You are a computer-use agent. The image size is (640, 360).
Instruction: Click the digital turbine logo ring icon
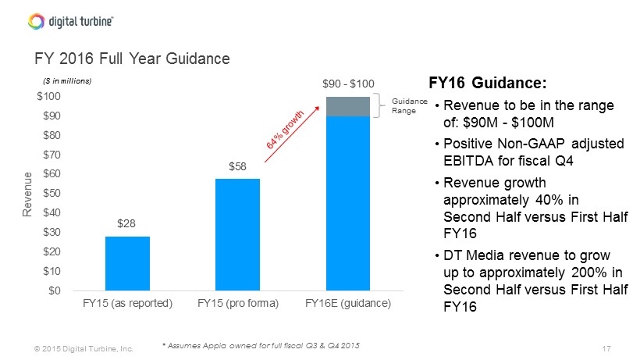36,21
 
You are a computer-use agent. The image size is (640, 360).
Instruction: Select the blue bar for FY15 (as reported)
127,263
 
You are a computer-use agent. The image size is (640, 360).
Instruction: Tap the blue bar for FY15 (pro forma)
237,235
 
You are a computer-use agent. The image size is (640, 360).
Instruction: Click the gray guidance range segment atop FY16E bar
348,106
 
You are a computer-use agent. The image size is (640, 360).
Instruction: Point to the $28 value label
126,223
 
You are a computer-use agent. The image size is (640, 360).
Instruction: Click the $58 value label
237,166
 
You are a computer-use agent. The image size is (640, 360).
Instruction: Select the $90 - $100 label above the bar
348,84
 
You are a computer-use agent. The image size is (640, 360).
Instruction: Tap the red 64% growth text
285,130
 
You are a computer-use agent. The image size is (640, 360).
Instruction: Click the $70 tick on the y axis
52,155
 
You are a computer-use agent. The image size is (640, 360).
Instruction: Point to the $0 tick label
55,290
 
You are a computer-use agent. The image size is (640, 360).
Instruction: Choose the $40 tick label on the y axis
52,212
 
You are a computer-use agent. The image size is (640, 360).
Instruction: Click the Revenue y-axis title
27,194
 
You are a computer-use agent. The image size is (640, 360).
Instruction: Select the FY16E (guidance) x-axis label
348,303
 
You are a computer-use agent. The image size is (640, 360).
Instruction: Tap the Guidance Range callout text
410,105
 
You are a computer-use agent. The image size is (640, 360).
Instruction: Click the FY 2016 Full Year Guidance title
132,59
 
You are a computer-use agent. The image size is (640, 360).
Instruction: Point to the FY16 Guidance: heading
487,83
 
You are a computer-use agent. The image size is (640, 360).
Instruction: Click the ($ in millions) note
67,80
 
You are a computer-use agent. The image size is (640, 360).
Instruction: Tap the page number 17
606,348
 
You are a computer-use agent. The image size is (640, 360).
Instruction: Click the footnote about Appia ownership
261,346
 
